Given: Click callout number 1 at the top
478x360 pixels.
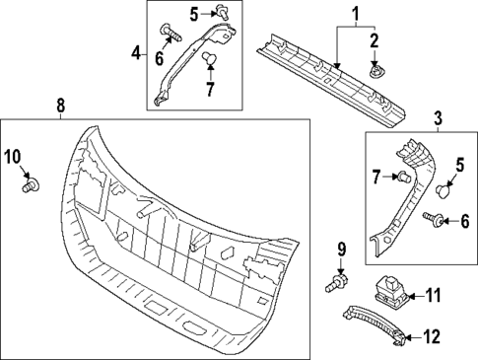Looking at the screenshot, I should click(357, 15).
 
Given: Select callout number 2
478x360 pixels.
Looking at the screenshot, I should click(375, 40).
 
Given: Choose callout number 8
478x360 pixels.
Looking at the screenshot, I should click(60, 104).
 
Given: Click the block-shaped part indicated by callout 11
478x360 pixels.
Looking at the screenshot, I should click(391, 290).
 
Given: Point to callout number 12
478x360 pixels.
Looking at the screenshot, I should click(432, 337).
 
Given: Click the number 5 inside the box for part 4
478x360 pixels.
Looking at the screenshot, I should click(195, 13).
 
